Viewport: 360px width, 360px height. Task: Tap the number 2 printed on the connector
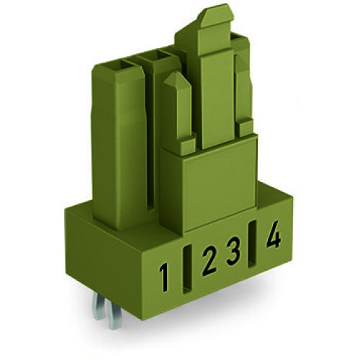coord(208,261)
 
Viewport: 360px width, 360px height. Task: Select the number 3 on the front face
coord(233,253)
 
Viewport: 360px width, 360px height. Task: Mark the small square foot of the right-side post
coord(246,128)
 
